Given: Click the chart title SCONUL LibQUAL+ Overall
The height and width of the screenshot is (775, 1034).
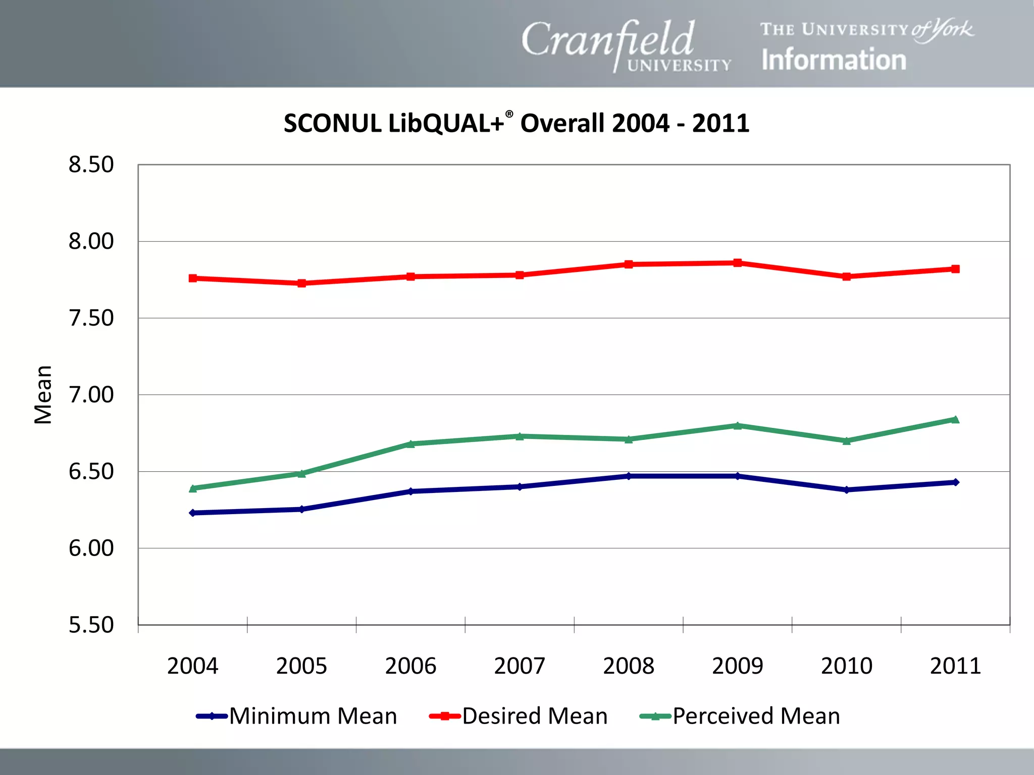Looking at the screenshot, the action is point(516,123).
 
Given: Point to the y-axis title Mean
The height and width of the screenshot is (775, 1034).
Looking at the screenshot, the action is point(43,395).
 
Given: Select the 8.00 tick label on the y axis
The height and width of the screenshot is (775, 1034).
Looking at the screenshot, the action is point(91,241).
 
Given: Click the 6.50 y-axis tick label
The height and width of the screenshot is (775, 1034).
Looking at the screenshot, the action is point(91,471).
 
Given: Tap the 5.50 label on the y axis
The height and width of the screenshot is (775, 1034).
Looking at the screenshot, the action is point(91,625).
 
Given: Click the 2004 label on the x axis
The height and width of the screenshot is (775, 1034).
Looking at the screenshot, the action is point(192,666).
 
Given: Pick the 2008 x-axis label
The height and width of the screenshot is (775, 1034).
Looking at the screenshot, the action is point(629,666).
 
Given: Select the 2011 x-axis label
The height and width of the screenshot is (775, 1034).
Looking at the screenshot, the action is point(955,666).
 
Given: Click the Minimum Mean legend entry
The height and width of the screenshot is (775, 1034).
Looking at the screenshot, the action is point(297,716).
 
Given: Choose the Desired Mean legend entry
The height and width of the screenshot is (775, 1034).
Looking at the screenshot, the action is point(519,716).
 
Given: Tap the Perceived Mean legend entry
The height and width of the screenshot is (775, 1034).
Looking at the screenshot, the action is point(740,716).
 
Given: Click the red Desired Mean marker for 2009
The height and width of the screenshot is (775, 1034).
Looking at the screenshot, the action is point(738,263).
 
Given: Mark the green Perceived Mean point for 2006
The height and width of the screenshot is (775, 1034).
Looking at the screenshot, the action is point(410,444).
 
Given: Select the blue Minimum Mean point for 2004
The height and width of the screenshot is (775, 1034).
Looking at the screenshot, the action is point(192,513).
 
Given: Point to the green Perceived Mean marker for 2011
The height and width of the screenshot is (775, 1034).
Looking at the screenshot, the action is point(955,419).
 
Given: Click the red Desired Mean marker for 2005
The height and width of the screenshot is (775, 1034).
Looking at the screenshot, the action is point(301,284).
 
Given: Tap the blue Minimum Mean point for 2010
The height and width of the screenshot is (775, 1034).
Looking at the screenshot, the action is point(847,490).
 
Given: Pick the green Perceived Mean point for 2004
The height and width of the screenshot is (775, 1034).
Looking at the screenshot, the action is point(192,488).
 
